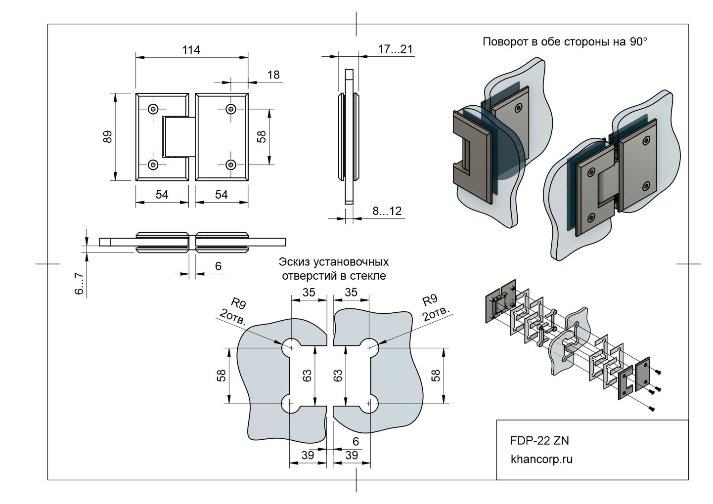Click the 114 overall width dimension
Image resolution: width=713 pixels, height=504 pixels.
point(191,50)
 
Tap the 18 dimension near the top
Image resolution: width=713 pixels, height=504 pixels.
point(273,75)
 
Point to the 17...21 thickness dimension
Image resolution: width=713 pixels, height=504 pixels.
point(395,49)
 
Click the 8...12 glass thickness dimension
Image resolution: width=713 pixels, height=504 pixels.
point(387,211)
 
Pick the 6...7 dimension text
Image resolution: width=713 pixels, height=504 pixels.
point(79,284)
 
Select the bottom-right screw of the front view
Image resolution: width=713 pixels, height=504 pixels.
point(230,165)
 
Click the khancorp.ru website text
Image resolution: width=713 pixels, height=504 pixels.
point(541,459)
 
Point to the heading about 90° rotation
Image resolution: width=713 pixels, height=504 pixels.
point(564,42)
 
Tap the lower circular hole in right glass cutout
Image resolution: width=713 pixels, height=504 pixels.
point(368,404)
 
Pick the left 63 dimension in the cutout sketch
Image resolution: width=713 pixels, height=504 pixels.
point(307,376)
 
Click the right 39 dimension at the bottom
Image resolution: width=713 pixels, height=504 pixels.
point(352,455)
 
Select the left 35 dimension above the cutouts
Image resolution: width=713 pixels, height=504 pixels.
point(309,292)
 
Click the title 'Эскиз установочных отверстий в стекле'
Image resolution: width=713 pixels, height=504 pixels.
point(334,268)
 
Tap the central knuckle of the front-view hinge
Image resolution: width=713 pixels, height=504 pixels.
point(176,136)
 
